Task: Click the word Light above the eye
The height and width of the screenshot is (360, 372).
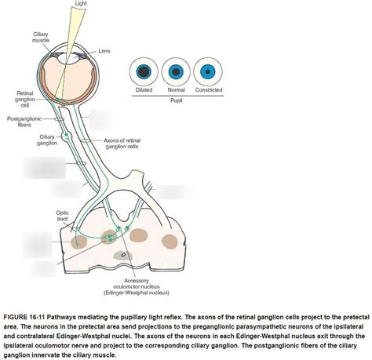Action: point(81,3)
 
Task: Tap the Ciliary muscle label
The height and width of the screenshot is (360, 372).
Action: point(41,37)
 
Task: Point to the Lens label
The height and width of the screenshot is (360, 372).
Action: point(104,51)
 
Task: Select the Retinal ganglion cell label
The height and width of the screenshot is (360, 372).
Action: point(25,99)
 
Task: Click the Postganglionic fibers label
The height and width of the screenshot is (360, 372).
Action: point(24,122)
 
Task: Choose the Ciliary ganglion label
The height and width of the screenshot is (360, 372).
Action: point(47,140)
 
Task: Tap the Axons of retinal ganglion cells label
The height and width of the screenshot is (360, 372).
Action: point(122,144)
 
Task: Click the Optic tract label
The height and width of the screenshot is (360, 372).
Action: point(62,216)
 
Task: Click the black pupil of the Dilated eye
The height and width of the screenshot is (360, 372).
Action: point(144,71)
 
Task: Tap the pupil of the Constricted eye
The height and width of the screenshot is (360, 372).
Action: point(208,71)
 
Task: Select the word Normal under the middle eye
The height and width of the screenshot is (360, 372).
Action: point(176,89)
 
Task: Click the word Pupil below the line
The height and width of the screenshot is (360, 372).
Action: point(176,100)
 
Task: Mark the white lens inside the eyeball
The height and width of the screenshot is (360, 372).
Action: point(68,57)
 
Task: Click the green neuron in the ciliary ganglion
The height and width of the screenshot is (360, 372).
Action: point(66,135)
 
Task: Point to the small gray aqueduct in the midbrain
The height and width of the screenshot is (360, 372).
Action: point(122,255)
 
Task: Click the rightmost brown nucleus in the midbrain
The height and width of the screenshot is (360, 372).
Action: point(170,241)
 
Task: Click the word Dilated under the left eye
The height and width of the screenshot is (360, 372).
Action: point(144,89)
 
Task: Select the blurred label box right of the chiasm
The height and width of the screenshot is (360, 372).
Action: point(175,192)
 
